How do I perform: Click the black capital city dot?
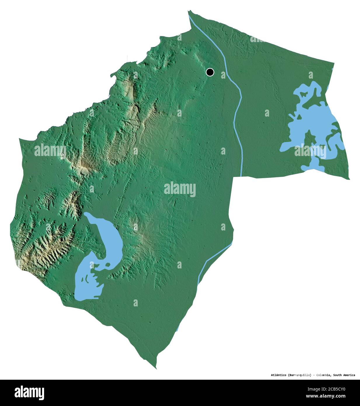pos(210,72)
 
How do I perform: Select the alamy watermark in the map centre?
pos(180,189)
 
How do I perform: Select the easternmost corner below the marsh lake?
pos(349,179)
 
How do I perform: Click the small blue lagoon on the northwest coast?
pos(113,76)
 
